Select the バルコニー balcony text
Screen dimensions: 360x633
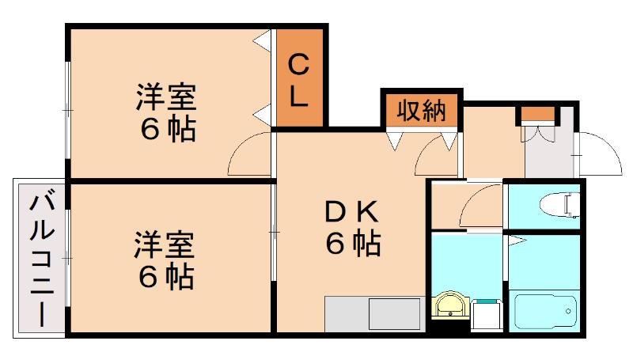(x=40, y=258)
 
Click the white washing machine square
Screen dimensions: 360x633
(x=487, y=314)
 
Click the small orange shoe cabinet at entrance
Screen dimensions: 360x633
(x=539, y=114)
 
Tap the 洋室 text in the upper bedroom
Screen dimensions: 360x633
(x=166, y=98)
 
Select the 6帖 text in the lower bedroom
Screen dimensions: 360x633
(x=166, y=275)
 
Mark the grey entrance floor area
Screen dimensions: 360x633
(x=550, y=154)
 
